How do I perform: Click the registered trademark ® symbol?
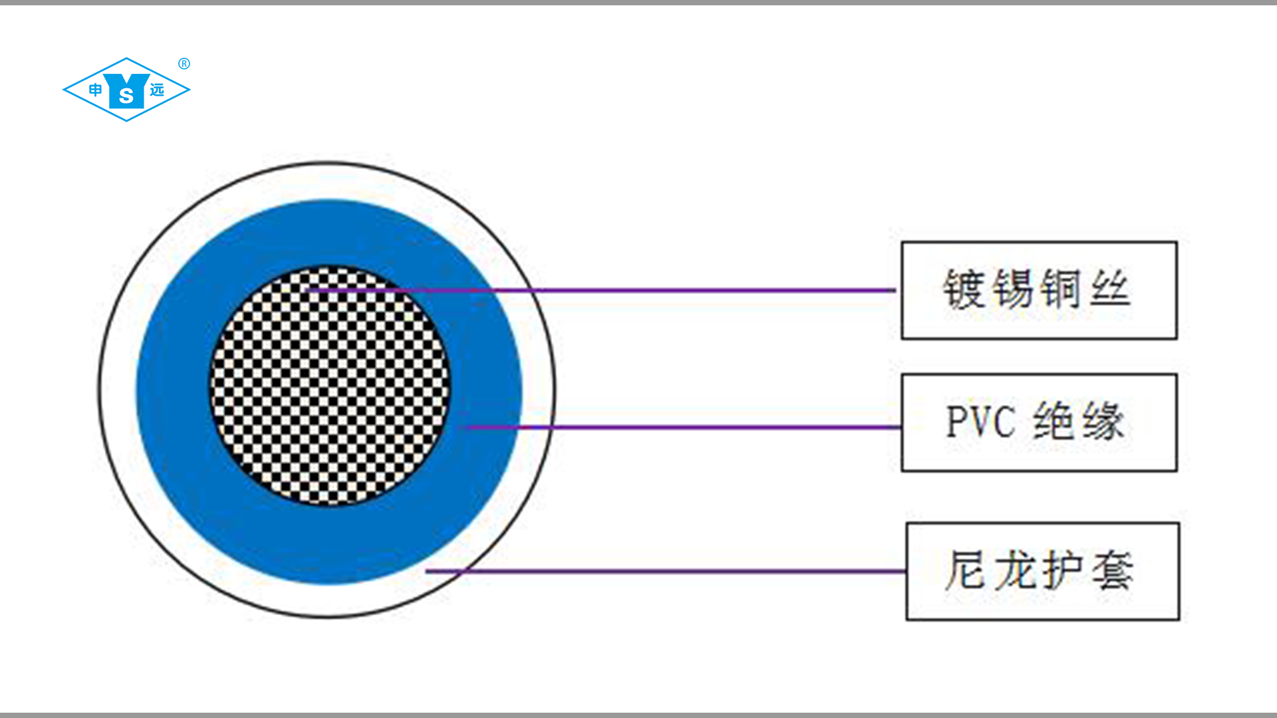pyautogui.click(x=184, y=64)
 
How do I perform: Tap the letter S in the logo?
pyautogui.click(x=126, y=97)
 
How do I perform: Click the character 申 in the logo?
pyautogui.click(x=96, y=90)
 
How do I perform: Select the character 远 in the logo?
pyautogui.click(x=157, y=90)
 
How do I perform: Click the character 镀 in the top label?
pyautogui.click(x=964, y=289)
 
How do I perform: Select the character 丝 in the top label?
pyautogui.click(x=1110, y=289)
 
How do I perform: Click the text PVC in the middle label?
pyautogui.click(x=981, y=421)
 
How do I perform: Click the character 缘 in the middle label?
pyautogui.click(x=1103, y=421)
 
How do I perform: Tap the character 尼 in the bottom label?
pyautogui.click(x=966, y=570)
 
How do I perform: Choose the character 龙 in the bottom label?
pyautogui.click(x=1015, y=570)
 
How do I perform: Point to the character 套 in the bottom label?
pyautogui.click(x=1113, y=570)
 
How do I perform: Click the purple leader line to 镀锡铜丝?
pyautogui.click(x=665, y=291)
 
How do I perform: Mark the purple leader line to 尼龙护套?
pyautogui.click(x=665, y=570)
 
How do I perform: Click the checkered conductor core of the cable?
pyautogui.click(x=329, y=386)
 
